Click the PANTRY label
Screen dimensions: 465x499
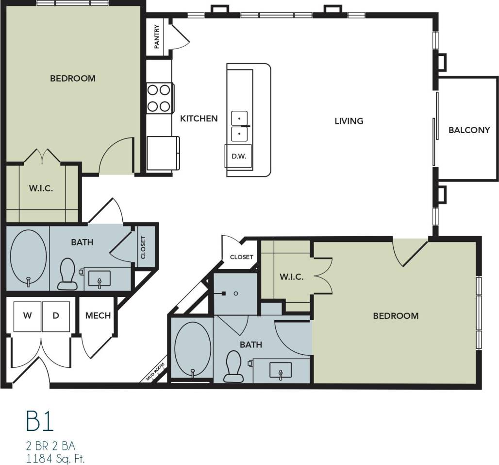tap(157, 37)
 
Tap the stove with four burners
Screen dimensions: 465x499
tap(159, 98)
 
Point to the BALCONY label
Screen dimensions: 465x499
tap(469, 130)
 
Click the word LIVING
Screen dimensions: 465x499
tap(349, 121)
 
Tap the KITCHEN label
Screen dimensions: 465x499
tap(199, 118)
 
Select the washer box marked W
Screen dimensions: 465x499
tap(28, 315)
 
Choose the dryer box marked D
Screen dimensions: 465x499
tap(56, 315)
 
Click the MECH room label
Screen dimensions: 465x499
tap(98, 315)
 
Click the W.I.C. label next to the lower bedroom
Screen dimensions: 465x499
tap(291, 277)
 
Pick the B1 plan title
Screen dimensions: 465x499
tap(40, 422)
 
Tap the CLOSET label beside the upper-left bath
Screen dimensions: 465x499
tap(143, 248)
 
